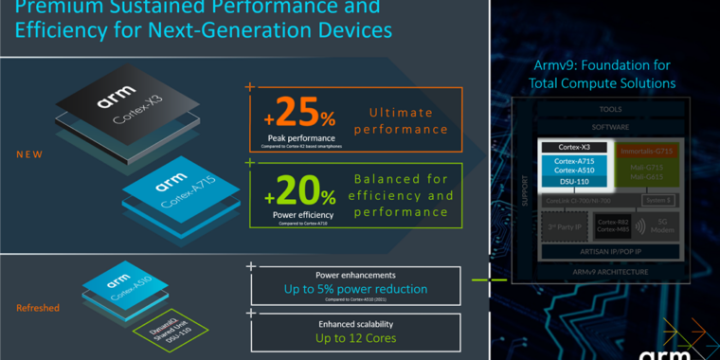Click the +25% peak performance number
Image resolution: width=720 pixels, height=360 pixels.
297,114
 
